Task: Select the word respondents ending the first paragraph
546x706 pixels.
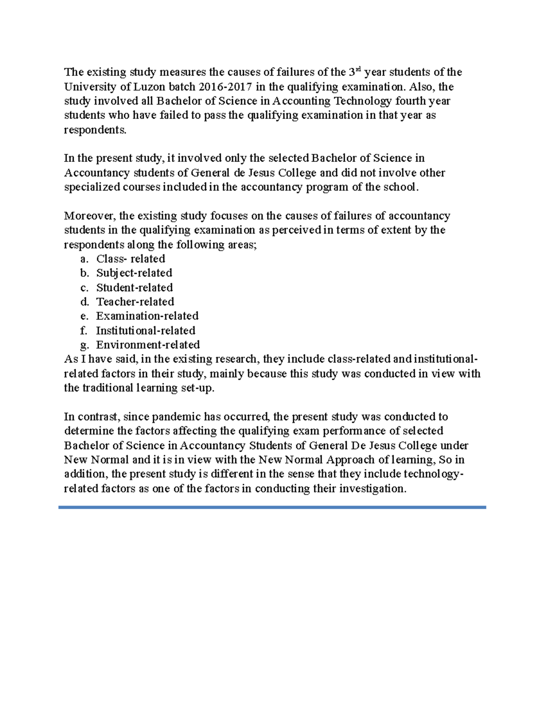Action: coord(95,130)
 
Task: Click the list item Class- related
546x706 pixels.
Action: coord(131,259)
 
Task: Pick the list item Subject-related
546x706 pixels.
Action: coord(134,273)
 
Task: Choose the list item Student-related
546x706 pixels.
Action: coord(134,287)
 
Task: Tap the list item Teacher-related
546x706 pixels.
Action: coord(135,301)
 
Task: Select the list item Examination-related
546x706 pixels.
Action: coord(147,316)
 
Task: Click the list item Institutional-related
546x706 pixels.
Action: coord(146,330)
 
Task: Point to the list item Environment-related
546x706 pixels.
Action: coord(148,345)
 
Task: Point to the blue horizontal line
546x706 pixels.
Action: coord(272,507)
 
